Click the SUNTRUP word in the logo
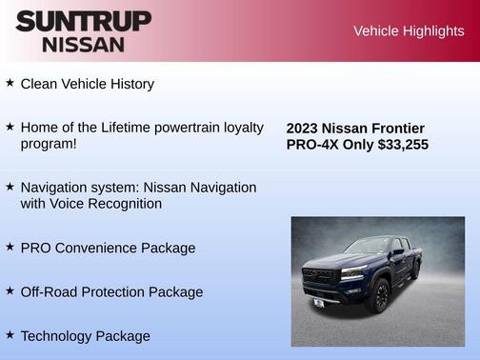(x=83, y=22)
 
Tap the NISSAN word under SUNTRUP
(x=83, y=44)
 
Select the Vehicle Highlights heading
(x=409, y=30)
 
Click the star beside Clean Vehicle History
(x=10, y=83)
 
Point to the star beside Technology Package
(x=10, y=334)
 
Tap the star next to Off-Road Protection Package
(x=10, y=290)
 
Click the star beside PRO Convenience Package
(x=10, y=247)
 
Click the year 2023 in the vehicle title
(x=302, y=129)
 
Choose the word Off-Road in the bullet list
(x=50, y=291)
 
